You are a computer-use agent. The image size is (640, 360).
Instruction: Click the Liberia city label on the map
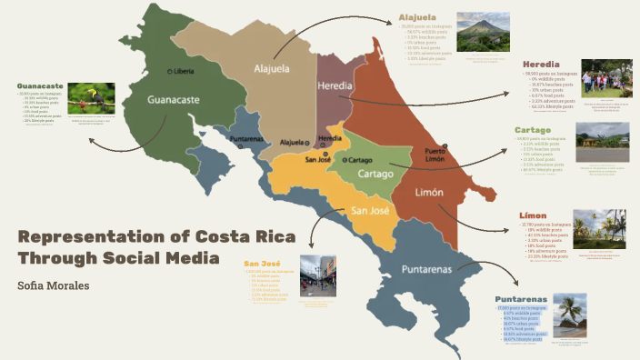(x=181, y=71)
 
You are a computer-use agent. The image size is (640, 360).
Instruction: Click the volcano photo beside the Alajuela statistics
(x=483, y=32)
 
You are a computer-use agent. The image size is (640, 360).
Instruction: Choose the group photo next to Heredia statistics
(x=606, y=78)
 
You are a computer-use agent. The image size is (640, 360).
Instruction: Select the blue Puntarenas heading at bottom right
(x=521, y=299)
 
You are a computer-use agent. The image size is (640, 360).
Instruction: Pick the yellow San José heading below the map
(x=262, y=264)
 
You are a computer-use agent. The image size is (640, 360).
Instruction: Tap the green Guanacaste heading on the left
(x=42, y=86)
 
